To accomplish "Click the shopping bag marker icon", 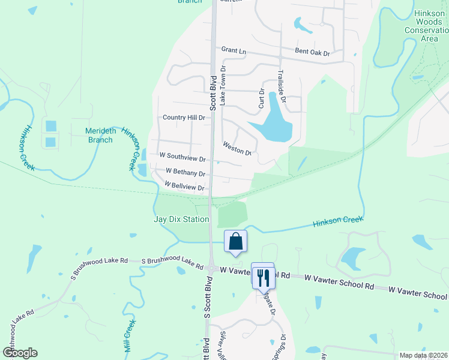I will pyautogui.click(x=236, y=242).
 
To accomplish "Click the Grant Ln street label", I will pyautogui.click(x=234, y=51).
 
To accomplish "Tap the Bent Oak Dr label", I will pyautogui.click(x=312, y=53).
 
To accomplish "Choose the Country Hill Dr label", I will pyautogui.click(x=184, y=118).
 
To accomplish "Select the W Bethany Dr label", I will pyautogui.click(x=185, y=173).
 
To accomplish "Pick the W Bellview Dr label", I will pyautogui.click(x=184, y=187).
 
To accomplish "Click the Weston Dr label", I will pyautogui.click(x=237, y=148).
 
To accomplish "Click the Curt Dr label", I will pyautogui.click(x=262, y=99).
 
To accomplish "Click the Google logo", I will pyautogui.click(x=20, y=353).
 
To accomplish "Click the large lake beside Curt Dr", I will pyautogui.click(x=274, y=120).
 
